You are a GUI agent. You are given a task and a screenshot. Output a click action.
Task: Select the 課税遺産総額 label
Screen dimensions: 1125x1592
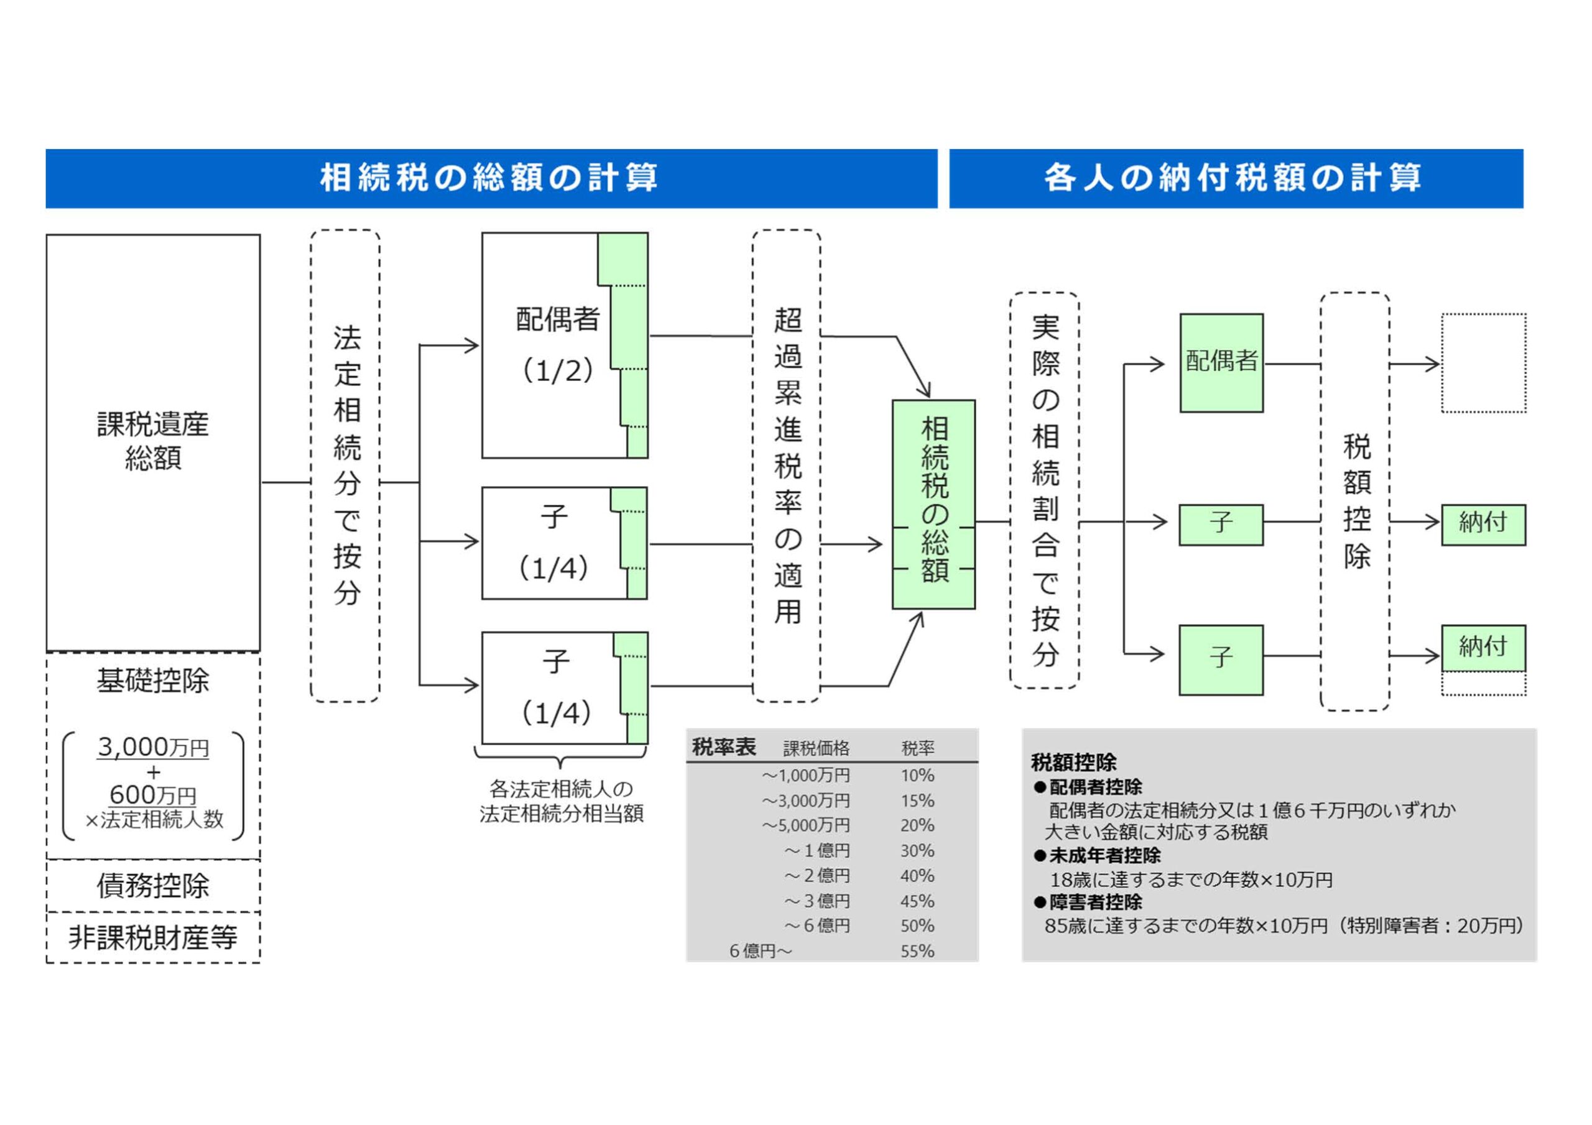(152, 441)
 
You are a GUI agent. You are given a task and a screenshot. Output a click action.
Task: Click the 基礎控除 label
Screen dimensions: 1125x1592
(152, 681)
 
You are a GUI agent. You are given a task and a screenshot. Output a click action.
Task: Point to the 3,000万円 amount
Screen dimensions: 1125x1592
(152, 747)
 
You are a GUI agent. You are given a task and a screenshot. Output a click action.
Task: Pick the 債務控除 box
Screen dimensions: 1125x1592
(152, 886)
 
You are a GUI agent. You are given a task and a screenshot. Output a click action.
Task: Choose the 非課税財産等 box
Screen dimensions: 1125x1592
(152, 937)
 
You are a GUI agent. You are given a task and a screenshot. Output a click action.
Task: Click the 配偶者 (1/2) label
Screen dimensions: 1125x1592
(557, 344)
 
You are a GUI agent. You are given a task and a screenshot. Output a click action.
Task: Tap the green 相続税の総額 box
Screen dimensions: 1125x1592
(933, 504)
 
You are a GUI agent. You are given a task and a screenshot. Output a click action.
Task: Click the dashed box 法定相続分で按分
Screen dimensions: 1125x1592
(345, 466)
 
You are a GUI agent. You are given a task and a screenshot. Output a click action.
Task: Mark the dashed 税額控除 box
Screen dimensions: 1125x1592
(1355, 501)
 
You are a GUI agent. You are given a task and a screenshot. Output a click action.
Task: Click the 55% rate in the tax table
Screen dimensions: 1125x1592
(917, 951)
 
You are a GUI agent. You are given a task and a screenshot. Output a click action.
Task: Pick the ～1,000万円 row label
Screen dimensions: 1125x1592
(806, 775)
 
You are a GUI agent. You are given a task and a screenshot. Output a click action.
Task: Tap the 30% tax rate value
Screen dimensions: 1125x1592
(917, 850)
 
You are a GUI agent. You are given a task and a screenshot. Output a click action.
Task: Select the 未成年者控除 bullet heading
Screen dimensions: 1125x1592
(1104, 855)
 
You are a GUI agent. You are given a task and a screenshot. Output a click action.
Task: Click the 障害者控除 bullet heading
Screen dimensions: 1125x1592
(1095, 902)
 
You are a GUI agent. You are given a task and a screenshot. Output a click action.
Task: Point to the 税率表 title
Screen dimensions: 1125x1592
(723, 747)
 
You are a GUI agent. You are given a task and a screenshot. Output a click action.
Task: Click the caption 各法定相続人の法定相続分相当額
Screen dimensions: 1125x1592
(561, 801)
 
